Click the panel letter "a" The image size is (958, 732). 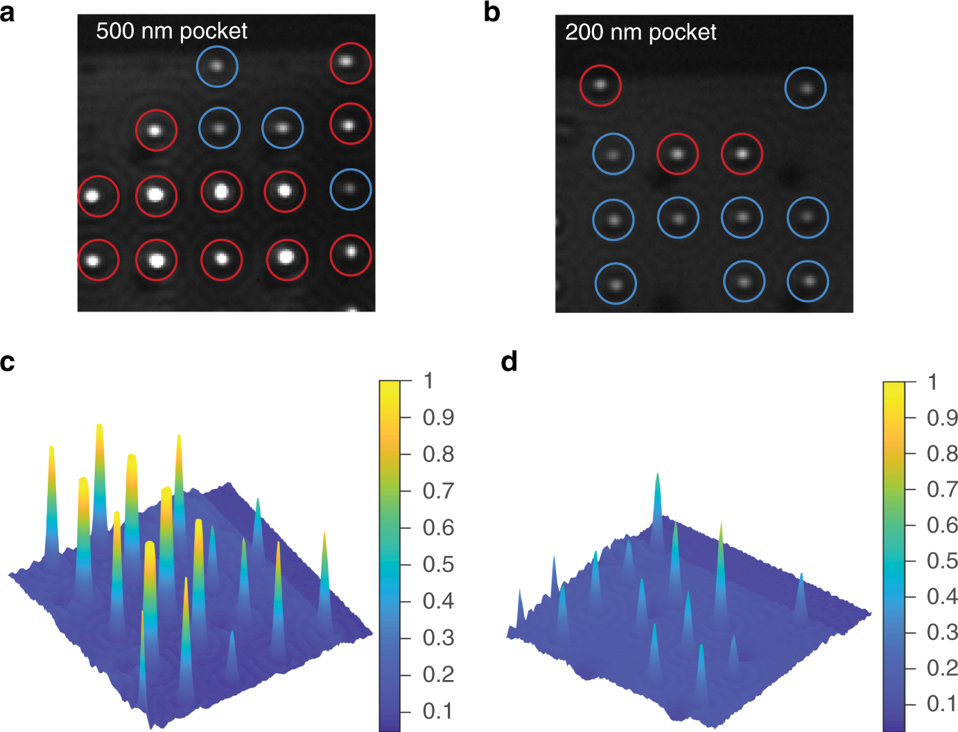[8, 12]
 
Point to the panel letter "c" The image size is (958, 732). [8, 361]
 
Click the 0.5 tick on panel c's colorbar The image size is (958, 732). [438, 564]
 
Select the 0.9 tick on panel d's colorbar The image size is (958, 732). [942, 418]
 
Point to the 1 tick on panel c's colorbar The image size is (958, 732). [429, 381]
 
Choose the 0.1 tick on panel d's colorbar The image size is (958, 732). [942, 704]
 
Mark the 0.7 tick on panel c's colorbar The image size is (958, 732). [438, 491]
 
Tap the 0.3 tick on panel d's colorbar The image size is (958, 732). [942, 632]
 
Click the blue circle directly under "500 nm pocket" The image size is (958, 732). [217, 66]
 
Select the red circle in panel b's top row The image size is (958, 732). [600, 85]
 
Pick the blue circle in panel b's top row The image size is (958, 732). [805, 88]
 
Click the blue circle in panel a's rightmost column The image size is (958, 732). [351, 189]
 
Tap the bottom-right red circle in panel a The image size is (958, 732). [351, 255]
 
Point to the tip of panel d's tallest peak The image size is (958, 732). [657, 474]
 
